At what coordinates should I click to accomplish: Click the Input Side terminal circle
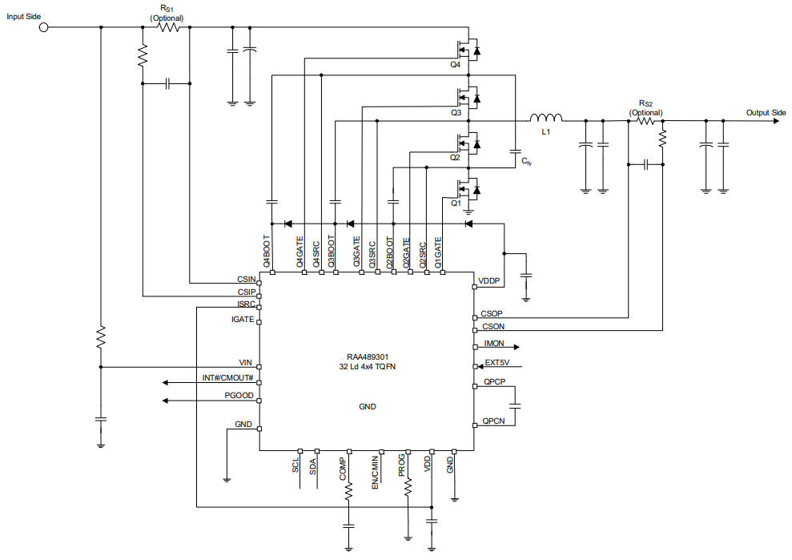click(x=44, y=27)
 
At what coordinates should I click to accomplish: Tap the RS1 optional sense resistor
click(x=169, y=27)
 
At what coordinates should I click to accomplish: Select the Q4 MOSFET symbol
click(x=468, y=50)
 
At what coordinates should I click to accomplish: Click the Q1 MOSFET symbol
click(x=468, y=190)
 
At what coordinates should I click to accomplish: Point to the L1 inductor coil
click(x=546, y=118)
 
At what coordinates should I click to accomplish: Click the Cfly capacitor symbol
click(x=515, y=151)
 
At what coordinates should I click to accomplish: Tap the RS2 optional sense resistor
click(x=645, y=121)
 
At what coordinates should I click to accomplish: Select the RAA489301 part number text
click(x=368, y=357)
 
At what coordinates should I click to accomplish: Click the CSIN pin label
click(x=247, y=280)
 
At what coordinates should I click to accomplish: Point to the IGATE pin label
click(x=243, y=320)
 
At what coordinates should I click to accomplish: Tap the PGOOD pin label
click(x=239, y=395)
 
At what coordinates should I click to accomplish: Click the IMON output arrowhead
click(x=517, y=347)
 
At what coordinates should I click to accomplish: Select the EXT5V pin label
click(x=497, y=363)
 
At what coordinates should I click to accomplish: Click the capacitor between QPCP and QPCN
click(x=515, y=405)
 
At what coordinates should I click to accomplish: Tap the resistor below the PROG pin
click(x=408, y=487)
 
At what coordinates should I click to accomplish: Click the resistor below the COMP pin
click(x=348, y=492)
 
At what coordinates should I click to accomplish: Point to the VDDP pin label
click(x=489, y=281)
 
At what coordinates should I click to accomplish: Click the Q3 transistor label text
click(x=456, y=113)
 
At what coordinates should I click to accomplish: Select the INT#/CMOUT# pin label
click(x=227, y=378)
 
